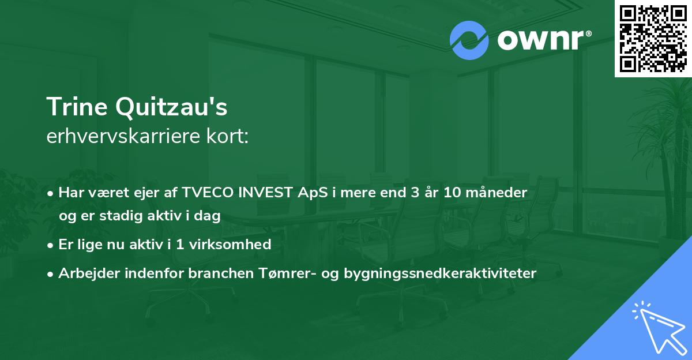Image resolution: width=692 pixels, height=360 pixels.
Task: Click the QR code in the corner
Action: [653, 38]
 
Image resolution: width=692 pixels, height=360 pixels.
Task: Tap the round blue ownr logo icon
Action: [469, 41]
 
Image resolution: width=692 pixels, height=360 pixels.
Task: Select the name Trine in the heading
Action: [78, 107]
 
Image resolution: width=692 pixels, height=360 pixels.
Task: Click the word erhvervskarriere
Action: [125, 137]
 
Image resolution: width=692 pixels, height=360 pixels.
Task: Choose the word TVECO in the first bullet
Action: [204, 193]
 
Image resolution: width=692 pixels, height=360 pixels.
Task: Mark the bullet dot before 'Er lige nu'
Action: [51, 245]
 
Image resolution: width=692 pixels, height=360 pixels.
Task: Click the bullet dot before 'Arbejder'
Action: [51, 273]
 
